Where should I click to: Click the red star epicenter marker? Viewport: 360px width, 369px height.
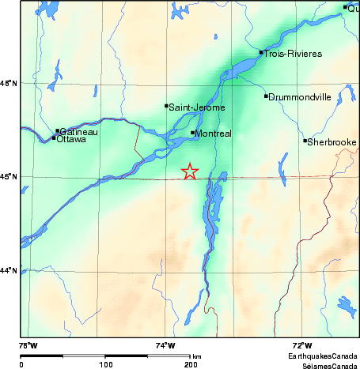coord(190,171)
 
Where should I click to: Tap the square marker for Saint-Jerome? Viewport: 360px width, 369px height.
coord(166,105)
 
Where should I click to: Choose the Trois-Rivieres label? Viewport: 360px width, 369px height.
coord(293,53)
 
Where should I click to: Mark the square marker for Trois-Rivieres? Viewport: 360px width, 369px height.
coord(261,52)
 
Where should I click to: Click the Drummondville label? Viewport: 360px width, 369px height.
coord(299,96)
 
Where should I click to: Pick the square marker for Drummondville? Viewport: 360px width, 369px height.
coord(267,96)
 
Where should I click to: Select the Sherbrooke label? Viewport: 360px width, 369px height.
coord(332,141)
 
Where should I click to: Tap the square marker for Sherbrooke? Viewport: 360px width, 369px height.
coord(305,141)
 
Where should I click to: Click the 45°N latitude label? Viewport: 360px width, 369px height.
coord(9,177)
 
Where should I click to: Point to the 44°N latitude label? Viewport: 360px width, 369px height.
coord(9,271)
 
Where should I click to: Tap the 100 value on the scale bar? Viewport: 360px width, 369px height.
coord(105,364)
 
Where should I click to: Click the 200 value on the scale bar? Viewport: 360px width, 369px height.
coord(190,364)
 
